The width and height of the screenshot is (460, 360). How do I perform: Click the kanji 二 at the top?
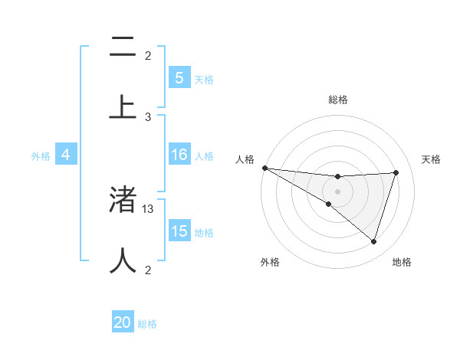pos(123,49)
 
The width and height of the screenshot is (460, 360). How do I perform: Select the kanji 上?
pos(123,106)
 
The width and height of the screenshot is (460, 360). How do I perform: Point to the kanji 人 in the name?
pos(123,260)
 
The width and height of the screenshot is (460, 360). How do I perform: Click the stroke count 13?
pos(148,209)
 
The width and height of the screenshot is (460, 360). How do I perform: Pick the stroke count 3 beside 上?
pos(148,116)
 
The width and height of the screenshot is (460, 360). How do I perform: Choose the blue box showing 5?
pos(179,77)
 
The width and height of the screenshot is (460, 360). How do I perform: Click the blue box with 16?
pos(179,155)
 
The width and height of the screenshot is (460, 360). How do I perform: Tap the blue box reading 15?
pos(179,231)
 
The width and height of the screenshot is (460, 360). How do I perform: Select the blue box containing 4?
pos(66,155)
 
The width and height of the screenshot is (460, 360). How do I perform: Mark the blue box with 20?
pos(123,322)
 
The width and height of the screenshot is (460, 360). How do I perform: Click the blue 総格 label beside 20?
pos(147,324)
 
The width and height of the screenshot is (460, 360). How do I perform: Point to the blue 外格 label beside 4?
pos(41,155)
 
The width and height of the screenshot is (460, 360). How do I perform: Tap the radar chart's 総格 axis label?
pos(337,100)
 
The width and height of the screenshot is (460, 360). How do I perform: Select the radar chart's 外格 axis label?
pos(270,262)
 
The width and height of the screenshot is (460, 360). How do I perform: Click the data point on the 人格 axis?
pos(264,168)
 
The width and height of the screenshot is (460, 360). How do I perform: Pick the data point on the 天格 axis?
pos(396,172)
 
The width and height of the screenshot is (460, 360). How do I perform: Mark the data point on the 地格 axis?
pos(374,242)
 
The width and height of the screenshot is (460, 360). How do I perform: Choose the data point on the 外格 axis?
pos(328,204)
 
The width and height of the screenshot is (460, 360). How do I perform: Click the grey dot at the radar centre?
pos(337,191)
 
